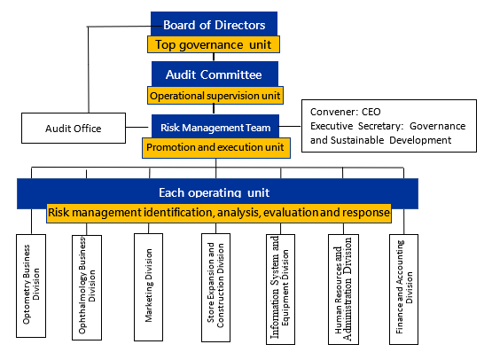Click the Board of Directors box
[x=214, y=24]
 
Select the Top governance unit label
[x=214, y=44]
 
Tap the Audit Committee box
[x=215, y=74]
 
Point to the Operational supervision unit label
[x=215, y=96]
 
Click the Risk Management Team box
[x=215, y=127]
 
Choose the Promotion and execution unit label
[x=216, y=148]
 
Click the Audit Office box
[x=74, y=129]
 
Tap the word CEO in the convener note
[x=371, y=112]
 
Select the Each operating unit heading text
[x=214, y=192]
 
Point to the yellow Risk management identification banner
[x=219, y=213]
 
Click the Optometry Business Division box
[x=31, y=286]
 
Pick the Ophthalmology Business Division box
[x=87, y=287]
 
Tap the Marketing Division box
[x=148, y=287]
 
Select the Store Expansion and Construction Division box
[x=216, y=287]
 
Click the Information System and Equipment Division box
[x=280, y=289]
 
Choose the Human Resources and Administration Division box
[x=343, y=289]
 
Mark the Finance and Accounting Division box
[x=404, y=289]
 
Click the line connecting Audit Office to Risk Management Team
[x=137, y=127]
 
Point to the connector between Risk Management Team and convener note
[x=290, y=126]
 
